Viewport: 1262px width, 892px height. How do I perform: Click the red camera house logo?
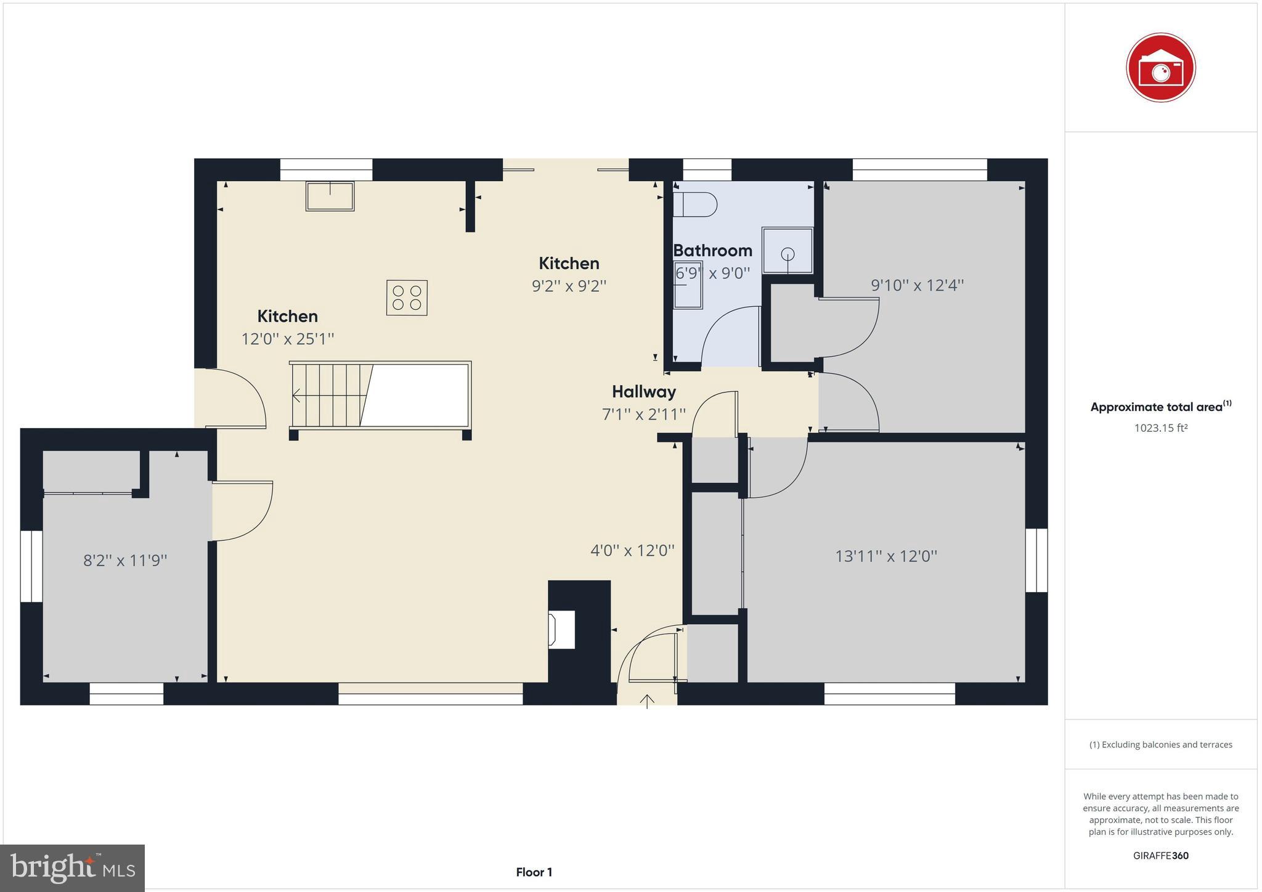[x=1160, y=68]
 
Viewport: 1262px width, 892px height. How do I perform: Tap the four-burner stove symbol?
[x=407, y=298]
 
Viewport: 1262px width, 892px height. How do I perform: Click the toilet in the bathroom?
[x=695, y=205]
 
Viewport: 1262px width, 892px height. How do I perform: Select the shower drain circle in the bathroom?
[x=788, y=254]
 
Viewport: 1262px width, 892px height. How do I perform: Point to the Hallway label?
[x=643, y=392]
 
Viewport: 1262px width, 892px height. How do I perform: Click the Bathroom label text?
[x=712, y=251]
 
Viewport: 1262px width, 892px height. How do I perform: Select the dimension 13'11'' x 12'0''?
[x=885, y=556]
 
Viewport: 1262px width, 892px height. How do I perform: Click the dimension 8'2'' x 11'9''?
[x=125, y=561]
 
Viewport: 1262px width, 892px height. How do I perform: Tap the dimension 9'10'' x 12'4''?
[x=917, y=285]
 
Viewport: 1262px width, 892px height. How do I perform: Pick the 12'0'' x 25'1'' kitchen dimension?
[x=287, y=339]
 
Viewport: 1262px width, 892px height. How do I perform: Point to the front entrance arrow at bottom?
[x=646, y=700]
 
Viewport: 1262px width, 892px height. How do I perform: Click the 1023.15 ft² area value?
[x=1160, y=428]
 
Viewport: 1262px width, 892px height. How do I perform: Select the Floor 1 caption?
[x=534, y=872]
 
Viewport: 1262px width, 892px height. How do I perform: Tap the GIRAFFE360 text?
[x=1160, y=856]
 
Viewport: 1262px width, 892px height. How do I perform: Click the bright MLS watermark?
[x=72, y=869]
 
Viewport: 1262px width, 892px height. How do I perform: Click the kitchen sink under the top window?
[x=330, y=196]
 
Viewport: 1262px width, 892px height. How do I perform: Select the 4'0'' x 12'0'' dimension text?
[x=632, y=550]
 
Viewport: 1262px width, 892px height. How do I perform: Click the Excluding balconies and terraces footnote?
[x=1160, y=745]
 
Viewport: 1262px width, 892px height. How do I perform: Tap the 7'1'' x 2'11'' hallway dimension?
[x=643, y=415]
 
